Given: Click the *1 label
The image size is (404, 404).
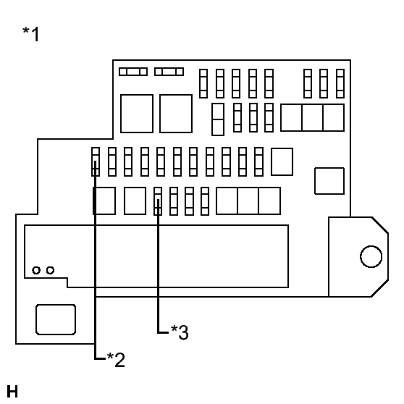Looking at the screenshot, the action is click(x=30, y=34).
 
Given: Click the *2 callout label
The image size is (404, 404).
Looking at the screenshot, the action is click(x=116, y=359).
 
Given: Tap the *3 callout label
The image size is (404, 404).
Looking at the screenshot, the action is click(x=180, y=332).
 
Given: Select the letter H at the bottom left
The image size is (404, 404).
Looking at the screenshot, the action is click(x=12, y=392).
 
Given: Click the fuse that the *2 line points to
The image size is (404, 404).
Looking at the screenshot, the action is click(x=96, y=161).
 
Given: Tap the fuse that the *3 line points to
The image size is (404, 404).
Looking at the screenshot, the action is click(x=158, y=201).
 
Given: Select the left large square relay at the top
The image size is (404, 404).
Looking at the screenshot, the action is click(x=137, y=114).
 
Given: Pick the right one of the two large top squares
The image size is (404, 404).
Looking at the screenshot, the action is click(x=176, y=114).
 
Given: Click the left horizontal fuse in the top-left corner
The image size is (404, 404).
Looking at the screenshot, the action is click(x=133, y=72).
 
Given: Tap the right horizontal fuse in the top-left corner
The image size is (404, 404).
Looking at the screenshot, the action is click(x=169, y=72).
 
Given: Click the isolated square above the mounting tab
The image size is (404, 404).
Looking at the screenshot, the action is click(x=329, y=181).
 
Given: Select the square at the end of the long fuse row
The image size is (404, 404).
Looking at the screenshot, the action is click(x=282, y=161).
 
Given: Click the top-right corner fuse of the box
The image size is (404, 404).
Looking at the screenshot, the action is click(x=340, y=83).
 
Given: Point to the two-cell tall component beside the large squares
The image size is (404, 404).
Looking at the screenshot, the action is click(x=218, y=119).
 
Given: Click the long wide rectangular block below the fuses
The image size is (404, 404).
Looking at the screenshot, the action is click(x=156, y=256).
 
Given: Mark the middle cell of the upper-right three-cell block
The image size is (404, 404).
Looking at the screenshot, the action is click(x=313, y=118).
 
